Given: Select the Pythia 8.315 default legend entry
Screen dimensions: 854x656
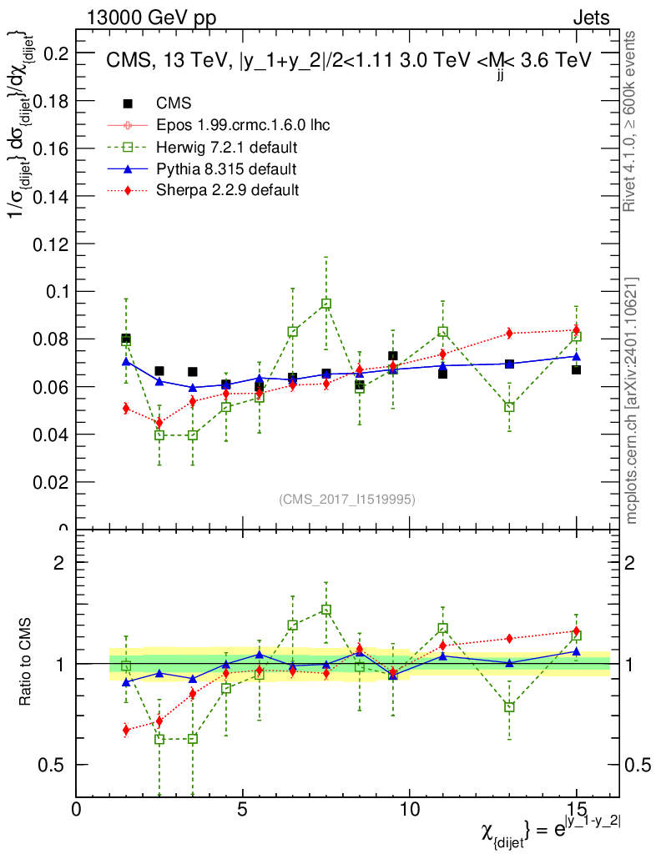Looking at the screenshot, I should point(226,169).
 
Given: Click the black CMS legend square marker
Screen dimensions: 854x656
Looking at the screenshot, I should point(128,104).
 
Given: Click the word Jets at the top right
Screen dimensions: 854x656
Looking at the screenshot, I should point(591,18).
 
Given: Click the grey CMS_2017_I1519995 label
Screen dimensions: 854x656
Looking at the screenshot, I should point(346,499).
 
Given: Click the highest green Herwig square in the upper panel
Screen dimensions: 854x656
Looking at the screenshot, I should point(326,304).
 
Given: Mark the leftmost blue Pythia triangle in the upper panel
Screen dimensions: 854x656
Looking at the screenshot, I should point(126,362).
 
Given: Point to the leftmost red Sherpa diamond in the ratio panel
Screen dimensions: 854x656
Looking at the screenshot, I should point(126,730).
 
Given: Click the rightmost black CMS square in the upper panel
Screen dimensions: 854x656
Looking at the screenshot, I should point(576,369).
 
